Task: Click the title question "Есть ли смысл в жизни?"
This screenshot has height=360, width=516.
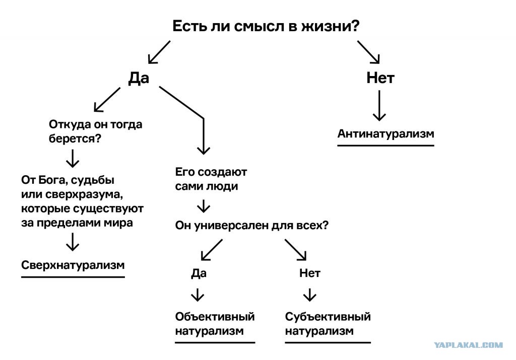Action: coord(266,26)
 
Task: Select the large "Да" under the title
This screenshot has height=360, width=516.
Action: coord(139,78)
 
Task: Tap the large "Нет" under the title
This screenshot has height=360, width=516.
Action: coord(380,78)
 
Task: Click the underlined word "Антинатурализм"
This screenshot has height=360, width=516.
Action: coord(385,133)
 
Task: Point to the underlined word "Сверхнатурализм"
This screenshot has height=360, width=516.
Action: coord(73,265)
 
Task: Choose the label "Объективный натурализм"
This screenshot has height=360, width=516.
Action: coord(215,324)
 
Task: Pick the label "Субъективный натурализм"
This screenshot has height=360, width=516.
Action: coord(328,324)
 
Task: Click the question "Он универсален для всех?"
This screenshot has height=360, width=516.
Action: coord(252,226)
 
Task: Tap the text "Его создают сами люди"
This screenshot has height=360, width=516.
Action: coord(211,179)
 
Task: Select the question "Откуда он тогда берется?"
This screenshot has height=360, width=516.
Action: coord(95,131)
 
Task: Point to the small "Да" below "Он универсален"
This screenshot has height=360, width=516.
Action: coord(199,273)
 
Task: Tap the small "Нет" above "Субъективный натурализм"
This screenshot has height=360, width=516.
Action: coord(310,273)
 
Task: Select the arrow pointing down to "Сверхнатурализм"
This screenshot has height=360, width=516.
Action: coord(73,242)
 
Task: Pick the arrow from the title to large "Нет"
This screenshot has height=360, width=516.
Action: coord(368,52)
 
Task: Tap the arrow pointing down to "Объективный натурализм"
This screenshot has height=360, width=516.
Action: coord(198,295)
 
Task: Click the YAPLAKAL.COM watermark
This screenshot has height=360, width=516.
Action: coord(468,345)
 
